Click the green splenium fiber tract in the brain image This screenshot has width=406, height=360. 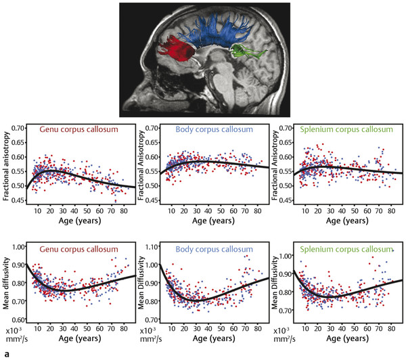pyautogui.click(x=246, y=50)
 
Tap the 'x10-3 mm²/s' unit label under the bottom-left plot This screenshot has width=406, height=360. pyautogui.click(x=18, y=334)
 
